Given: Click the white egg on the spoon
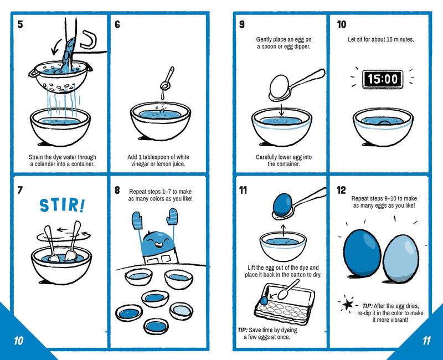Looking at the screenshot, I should pos(281,88).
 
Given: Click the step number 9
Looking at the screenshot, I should pos(242,24).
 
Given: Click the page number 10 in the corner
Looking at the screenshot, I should pos(18,341).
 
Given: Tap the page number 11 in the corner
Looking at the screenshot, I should pos(425,341).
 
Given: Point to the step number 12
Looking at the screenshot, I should pos(342,191).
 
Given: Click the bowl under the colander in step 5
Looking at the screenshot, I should pos(59,125).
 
